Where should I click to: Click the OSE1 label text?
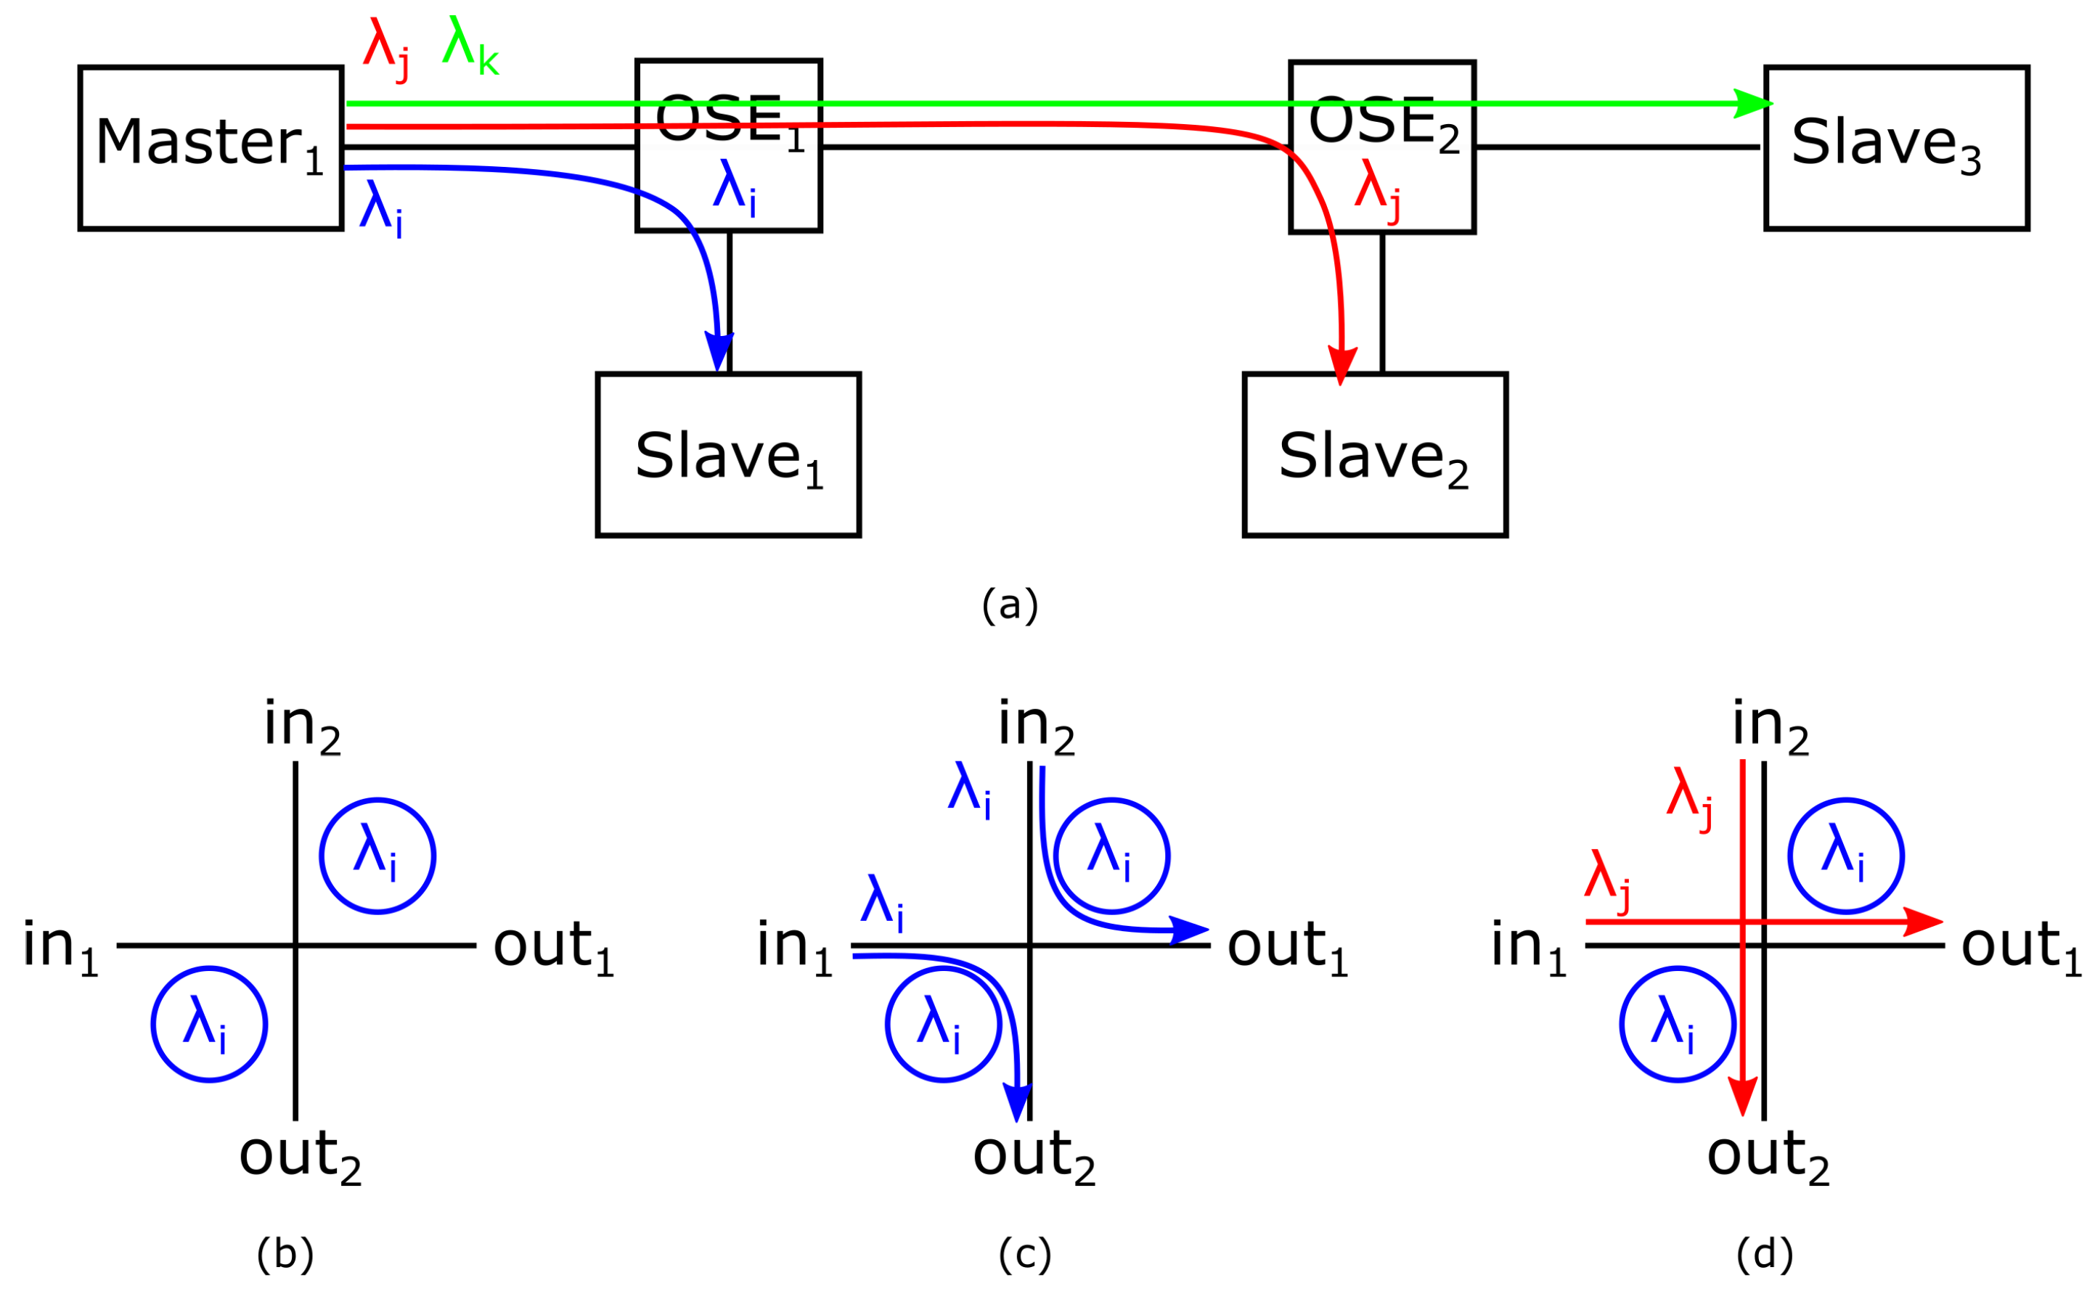pyautogui.click(x=729, y=121)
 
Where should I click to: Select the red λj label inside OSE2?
pyautogui.click(x=1377, y=190)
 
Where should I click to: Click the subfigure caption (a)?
pyautogui.click(x=1009, y=605)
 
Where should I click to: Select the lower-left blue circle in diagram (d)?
pyautogui.click(x=1678, y=1024)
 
